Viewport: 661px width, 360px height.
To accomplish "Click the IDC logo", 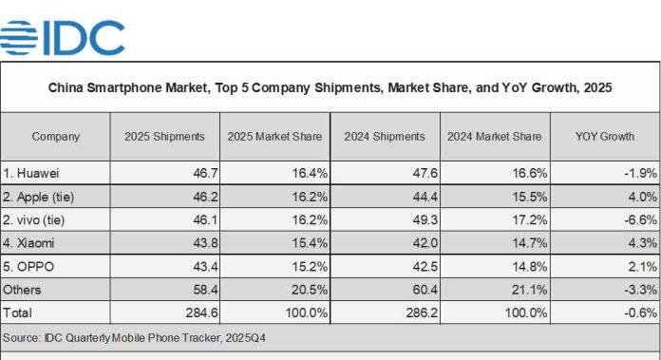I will tap(63, 37).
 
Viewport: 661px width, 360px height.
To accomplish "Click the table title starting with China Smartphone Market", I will tap(330, 87).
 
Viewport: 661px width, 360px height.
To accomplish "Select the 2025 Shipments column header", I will tap(164, 137).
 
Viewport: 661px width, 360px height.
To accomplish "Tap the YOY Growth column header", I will tap(604, 137).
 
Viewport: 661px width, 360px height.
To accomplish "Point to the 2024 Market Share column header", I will tap(494, 137).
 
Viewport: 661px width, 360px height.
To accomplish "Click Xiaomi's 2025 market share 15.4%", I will tap(305, 241).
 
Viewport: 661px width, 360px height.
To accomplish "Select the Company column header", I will tap(55, 137).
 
